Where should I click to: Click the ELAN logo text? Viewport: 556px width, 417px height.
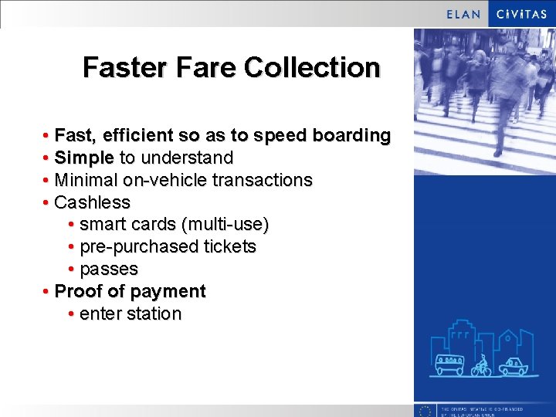[464, 14]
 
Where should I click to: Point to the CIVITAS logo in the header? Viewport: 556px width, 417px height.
[522, 14]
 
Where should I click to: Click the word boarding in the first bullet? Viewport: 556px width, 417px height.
[351, 136]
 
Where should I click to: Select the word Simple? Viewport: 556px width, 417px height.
[84, 158]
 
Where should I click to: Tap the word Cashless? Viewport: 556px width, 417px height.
[93, 203]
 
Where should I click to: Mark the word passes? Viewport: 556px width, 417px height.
[109, 270]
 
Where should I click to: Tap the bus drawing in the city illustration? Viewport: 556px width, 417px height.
[449, 364]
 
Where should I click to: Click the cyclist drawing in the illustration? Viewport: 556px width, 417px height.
[481, 365]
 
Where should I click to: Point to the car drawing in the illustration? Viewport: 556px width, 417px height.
[512, 366]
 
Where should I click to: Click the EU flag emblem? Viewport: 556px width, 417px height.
[424, 410]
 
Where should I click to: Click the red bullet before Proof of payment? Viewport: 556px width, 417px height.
[47, 292]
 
